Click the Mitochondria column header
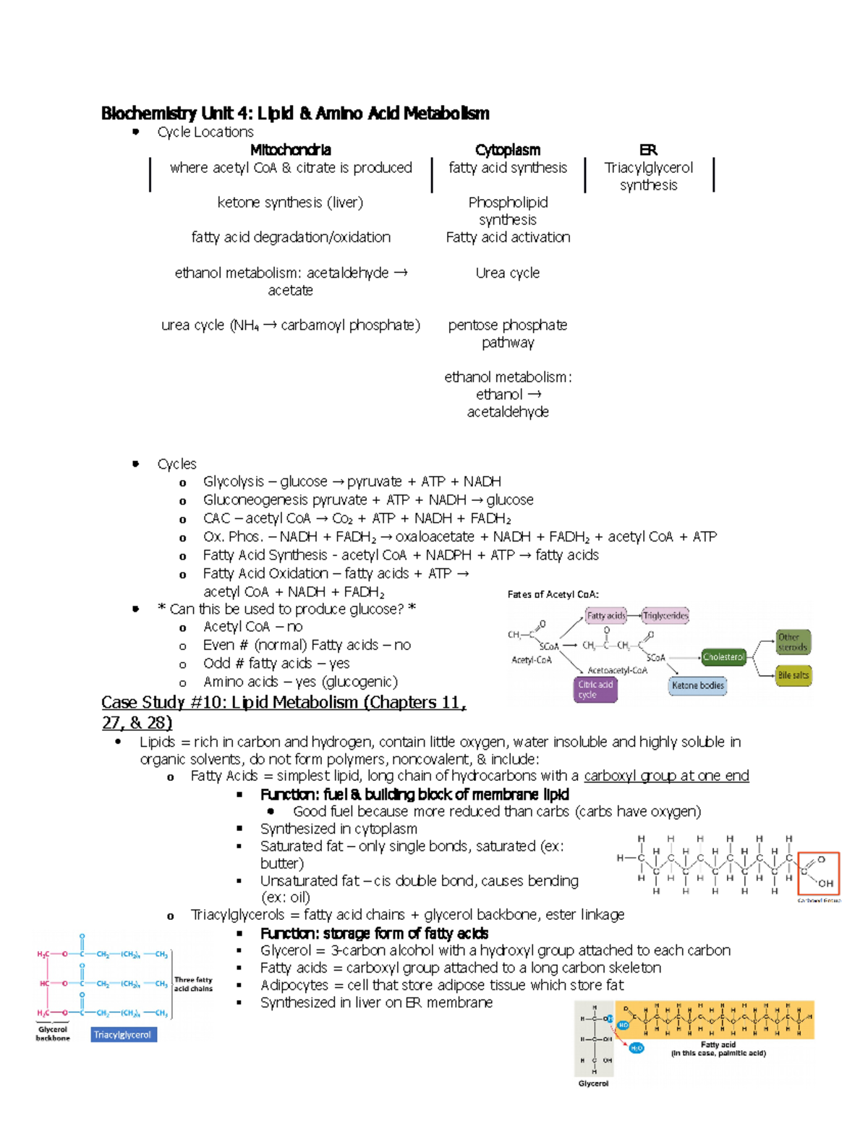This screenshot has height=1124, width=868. point(290,150)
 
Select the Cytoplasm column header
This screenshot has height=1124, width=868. point(508,150)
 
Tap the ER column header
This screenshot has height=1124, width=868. point(648,150)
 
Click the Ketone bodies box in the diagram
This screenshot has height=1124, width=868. point(697,685)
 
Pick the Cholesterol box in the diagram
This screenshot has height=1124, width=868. point(723,657)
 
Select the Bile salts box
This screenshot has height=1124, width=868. point(793,675)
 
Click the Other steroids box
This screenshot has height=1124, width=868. point(793,642)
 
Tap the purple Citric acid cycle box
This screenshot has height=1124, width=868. point(595,690)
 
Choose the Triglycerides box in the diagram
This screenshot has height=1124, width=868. point(665,616)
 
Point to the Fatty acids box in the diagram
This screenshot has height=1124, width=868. point(605,616)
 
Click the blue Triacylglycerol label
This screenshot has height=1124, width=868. point(123,1035)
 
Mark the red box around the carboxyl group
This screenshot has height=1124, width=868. point(818,874)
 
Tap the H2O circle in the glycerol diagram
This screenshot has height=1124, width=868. point(637,1048)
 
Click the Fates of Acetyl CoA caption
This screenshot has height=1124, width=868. point(553,594)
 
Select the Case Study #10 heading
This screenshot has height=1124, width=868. point(284,703)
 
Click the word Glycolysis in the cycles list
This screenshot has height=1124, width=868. point(234,481)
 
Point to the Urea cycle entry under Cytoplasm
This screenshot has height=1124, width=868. point(508,273)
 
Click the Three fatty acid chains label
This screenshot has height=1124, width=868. point(193,984)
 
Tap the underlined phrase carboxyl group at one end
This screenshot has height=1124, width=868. point(666,776)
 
